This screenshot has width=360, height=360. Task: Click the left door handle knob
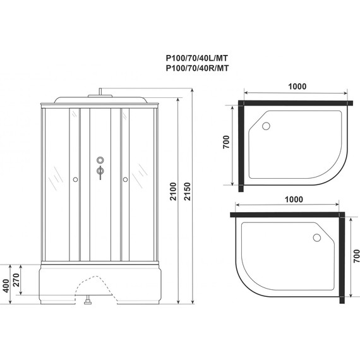click(76, 180)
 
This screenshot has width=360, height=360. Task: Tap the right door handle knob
click(125, 180)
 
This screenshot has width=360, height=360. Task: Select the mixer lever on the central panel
click(99, 171)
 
